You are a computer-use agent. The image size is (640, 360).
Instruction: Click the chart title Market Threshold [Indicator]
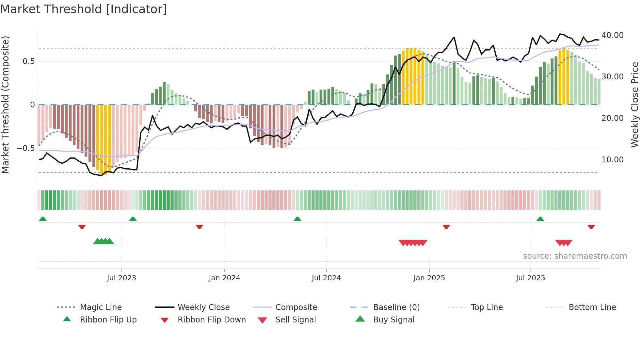pyautogui.click(x=84, y=9)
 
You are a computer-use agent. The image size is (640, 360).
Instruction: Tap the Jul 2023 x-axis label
pyautogui.click(x=121, y=278)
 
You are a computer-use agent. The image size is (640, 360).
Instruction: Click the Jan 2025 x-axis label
pyautogui.click(x=429, y=278)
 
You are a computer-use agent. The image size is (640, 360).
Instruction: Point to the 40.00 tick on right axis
pyautogui.click(x=612, y=35)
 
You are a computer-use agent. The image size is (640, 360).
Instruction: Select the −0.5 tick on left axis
pyautogui.click(x=25, y=148)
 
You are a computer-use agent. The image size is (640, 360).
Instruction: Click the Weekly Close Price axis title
pyautogui.click(x=634, y=105)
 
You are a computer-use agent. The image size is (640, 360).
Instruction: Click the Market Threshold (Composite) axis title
pyautogui.click(x=5, y=105)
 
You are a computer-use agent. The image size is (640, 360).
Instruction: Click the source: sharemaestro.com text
pyautogui.click(x=575, y=256)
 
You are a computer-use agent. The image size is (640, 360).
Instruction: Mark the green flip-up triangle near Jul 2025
pyautogui.click(x=540, y=219)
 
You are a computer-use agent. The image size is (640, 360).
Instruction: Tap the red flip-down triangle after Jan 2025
pyautogui.click(x=446, y=227)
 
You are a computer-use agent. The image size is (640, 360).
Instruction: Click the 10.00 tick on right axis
pyautogui.click(x=612, y=159)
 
